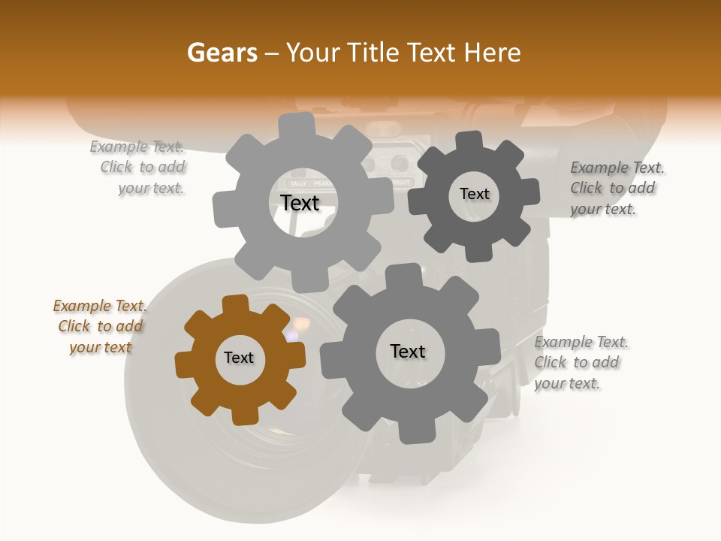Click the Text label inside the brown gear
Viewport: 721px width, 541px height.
[x=239, y=358]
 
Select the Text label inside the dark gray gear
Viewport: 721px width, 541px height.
[x=474, y=194]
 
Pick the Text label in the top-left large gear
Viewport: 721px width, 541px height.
[x=300, y=203]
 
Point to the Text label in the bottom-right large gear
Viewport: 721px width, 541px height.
[x=408, y=351]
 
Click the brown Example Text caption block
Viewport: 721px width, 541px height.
[x=100, y=327]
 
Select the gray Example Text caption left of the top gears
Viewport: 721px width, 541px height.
[x=140, y=168]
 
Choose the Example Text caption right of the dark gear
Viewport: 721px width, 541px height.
[x=615, y=189]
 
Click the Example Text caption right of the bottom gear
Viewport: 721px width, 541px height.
[x=580, y=363]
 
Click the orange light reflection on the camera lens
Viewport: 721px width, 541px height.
[x=302, y=325]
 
